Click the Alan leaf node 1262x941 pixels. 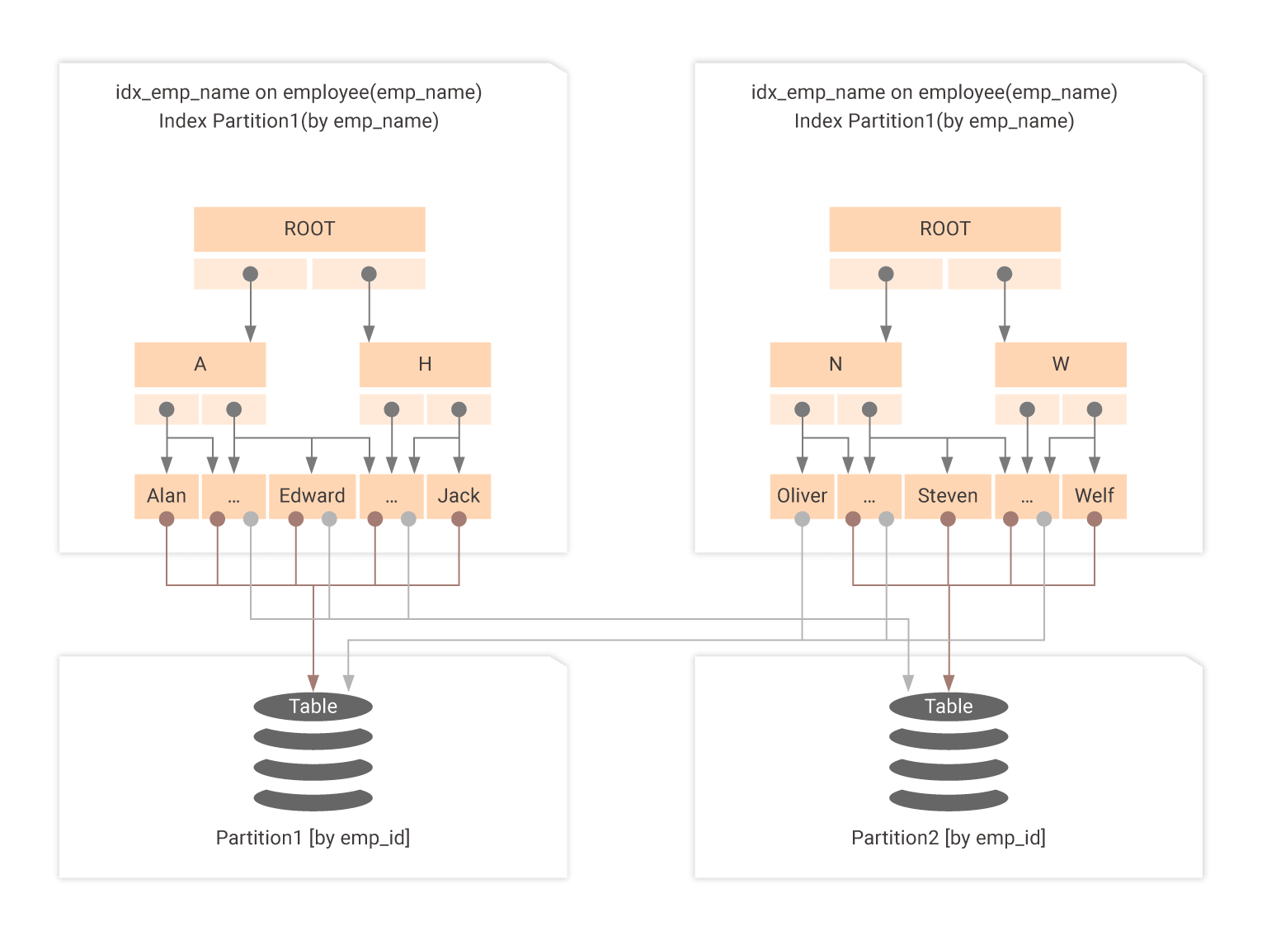(167, 495)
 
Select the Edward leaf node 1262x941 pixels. (312, 495)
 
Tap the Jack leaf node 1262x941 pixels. (459, 495)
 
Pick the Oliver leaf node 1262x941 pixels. (802, 495)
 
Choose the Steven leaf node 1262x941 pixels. (948, 495)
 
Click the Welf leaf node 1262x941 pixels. (1095, 495)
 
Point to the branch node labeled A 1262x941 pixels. (200, 364)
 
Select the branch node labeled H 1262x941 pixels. (425, 364)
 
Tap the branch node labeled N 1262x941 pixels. (836, 364)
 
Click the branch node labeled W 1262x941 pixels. (1061, 364)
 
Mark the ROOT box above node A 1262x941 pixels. (309, 229)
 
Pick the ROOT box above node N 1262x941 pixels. (945, 229)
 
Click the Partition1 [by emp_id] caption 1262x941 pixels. (313, 838)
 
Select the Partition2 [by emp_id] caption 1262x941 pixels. (949, 838)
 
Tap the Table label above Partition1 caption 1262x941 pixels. (313, 707)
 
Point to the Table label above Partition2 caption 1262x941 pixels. (949, 707)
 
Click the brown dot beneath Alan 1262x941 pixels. (167, 519)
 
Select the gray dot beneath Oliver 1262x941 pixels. (802, 519)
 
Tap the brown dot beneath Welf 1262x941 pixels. (1095, 519)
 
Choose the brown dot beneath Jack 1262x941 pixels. (459, 519)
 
